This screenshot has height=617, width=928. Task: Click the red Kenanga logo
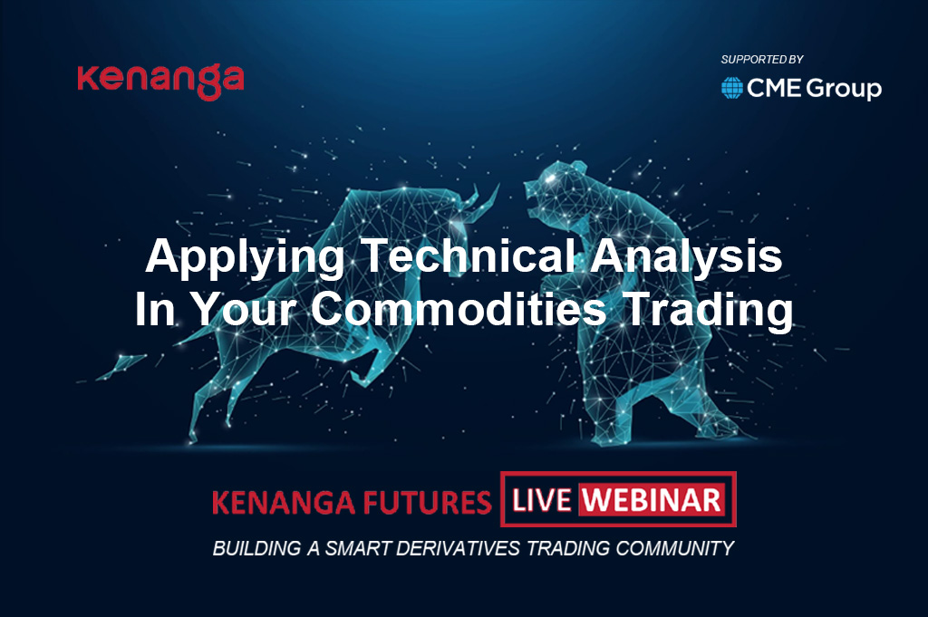pyautogui.click(x=160, y=82)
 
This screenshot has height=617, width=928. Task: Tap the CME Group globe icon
pyautogui.click(x=731, y=88)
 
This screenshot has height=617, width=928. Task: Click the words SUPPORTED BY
pyautogui.click(x=761, y=60)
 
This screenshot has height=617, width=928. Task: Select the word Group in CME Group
pyautogui.click(x=844, y=89)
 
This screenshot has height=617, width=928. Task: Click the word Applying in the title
pyautogui.click(x=245, y=257)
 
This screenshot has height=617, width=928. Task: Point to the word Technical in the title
pyautogui.click(x=469, y=255)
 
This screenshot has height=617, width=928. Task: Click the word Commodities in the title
pyautogui.click(x=459, y=308)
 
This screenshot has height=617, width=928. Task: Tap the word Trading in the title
pyautogui.click(x=709, y=310)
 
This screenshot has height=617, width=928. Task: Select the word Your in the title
pyautogui.click(x=243, y=308)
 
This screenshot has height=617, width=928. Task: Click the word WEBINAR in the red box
pyautogui.click(x=652, y=500)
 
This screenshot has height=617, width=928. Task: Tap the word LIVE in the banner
pyautogui.click(x=541, y=500)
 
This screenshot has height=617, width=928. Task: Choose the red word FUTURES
pyautogui.click(x=427, y=502)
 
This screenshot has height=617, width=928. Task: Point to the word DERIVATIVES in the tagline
pyautogui.click(x=458, y=548)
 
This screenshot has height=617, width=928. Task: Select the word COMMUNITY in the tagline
pyautogui.click(x=674, y=548)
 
